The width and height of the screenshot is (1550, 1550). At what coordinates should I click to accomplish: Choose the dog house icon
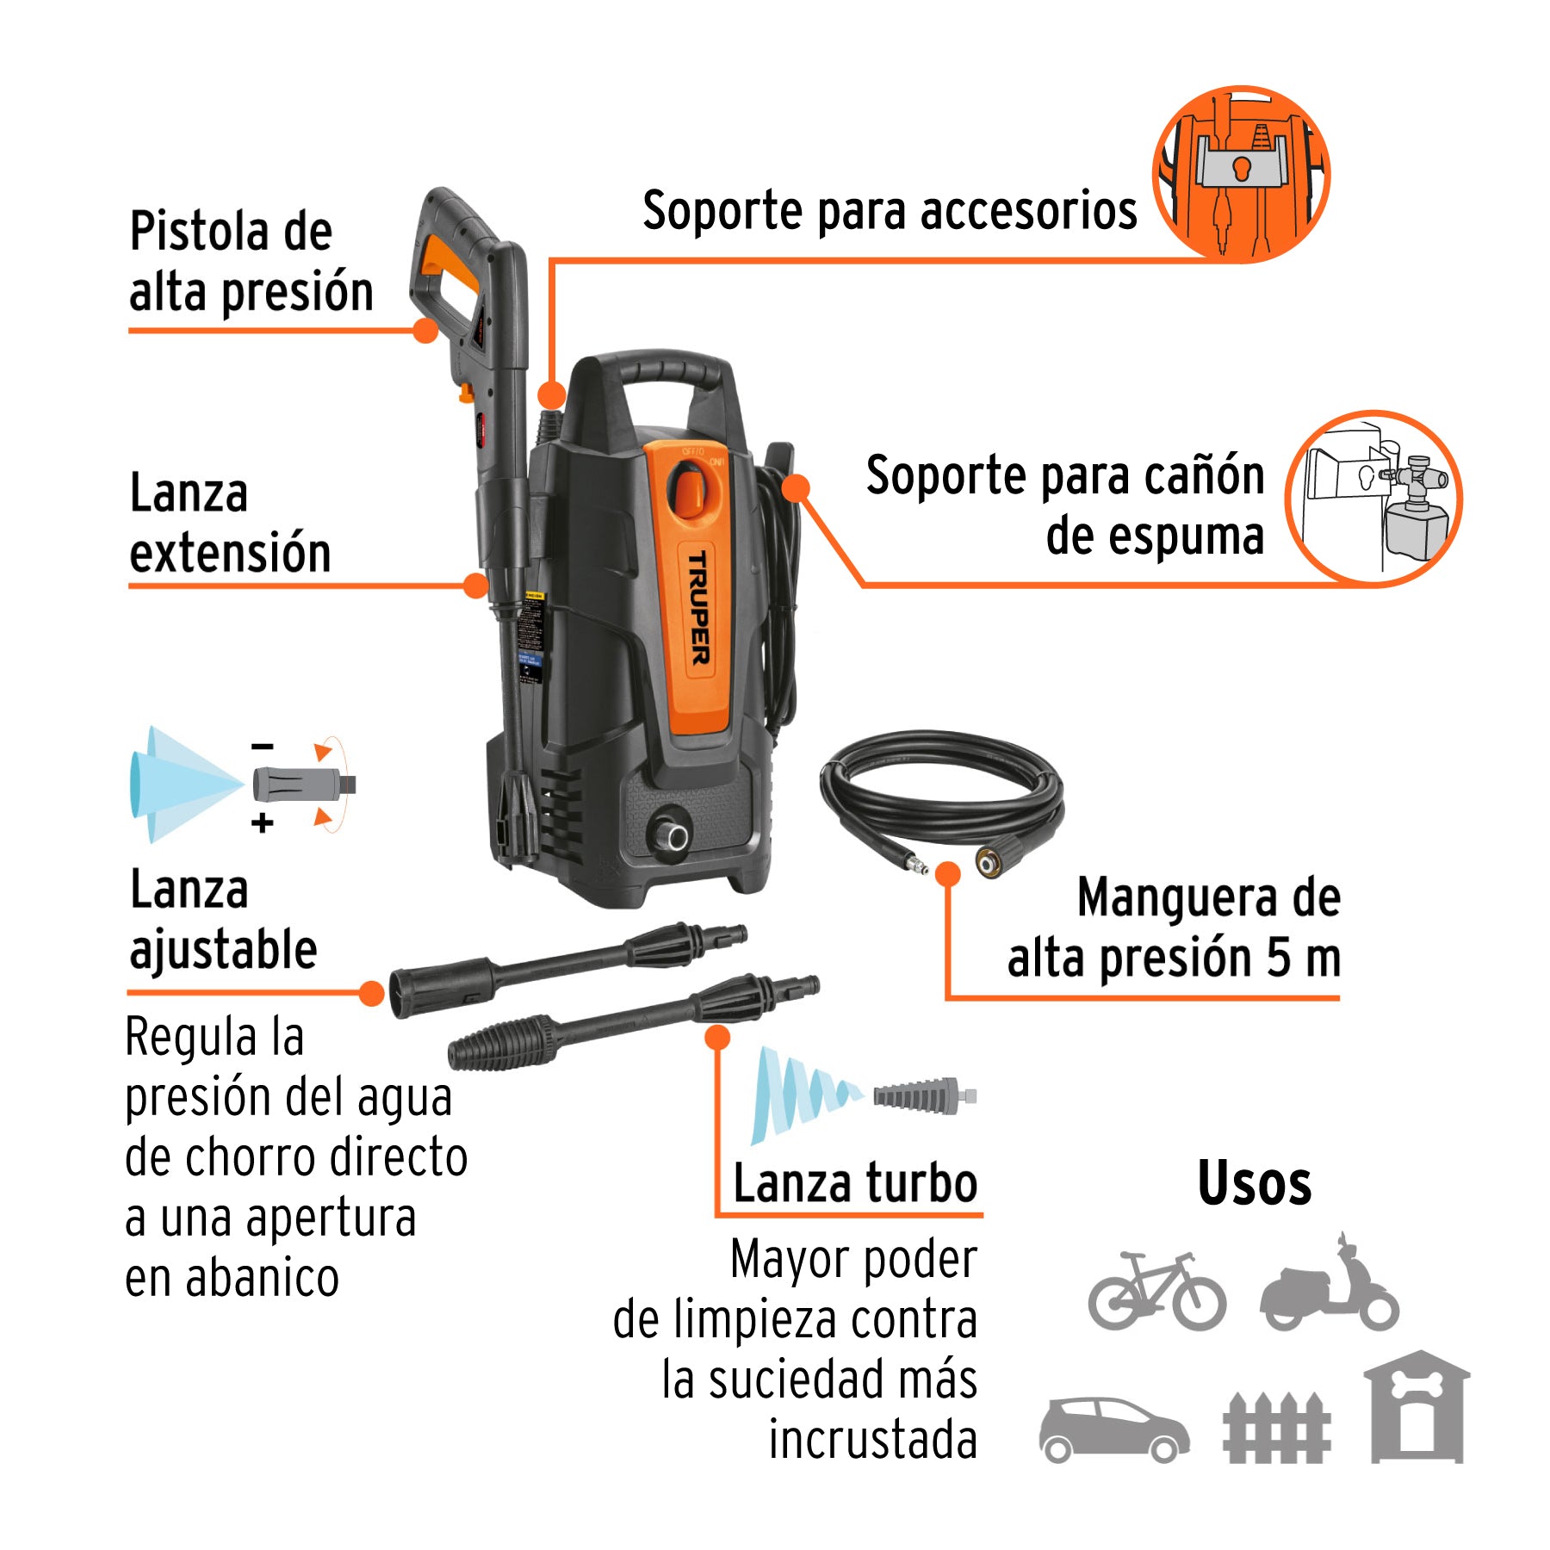1417,1408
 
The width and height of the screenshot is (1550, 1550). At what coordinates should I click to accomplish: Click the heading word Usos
1254,1183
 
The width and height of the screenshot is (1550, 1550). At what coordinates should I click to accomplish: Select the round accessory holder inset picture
1241,174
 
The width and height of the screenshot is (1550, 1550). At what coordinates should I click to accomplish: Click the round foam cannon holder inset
1373,499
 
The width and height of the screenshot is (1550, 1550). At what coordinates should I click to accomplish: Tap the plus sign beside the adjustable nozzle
263,823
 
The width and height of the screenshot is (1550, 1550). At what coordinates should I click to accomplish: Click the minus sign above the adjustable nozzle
263,747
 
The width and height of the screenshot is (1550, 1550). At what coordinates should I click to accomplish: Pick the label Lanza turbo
854,1183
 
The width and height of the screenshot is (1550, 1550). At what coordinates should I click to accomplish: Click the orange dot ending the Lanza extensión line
475,586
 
